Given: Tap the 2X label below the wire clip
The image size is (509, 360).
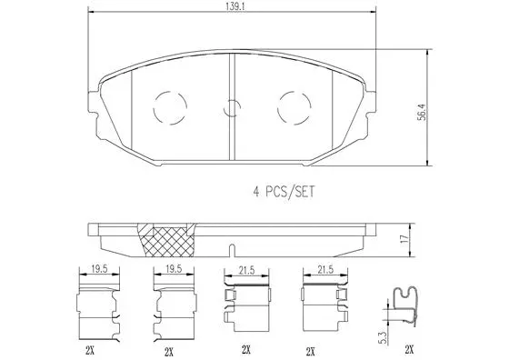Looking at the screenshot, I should (408, 349).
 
